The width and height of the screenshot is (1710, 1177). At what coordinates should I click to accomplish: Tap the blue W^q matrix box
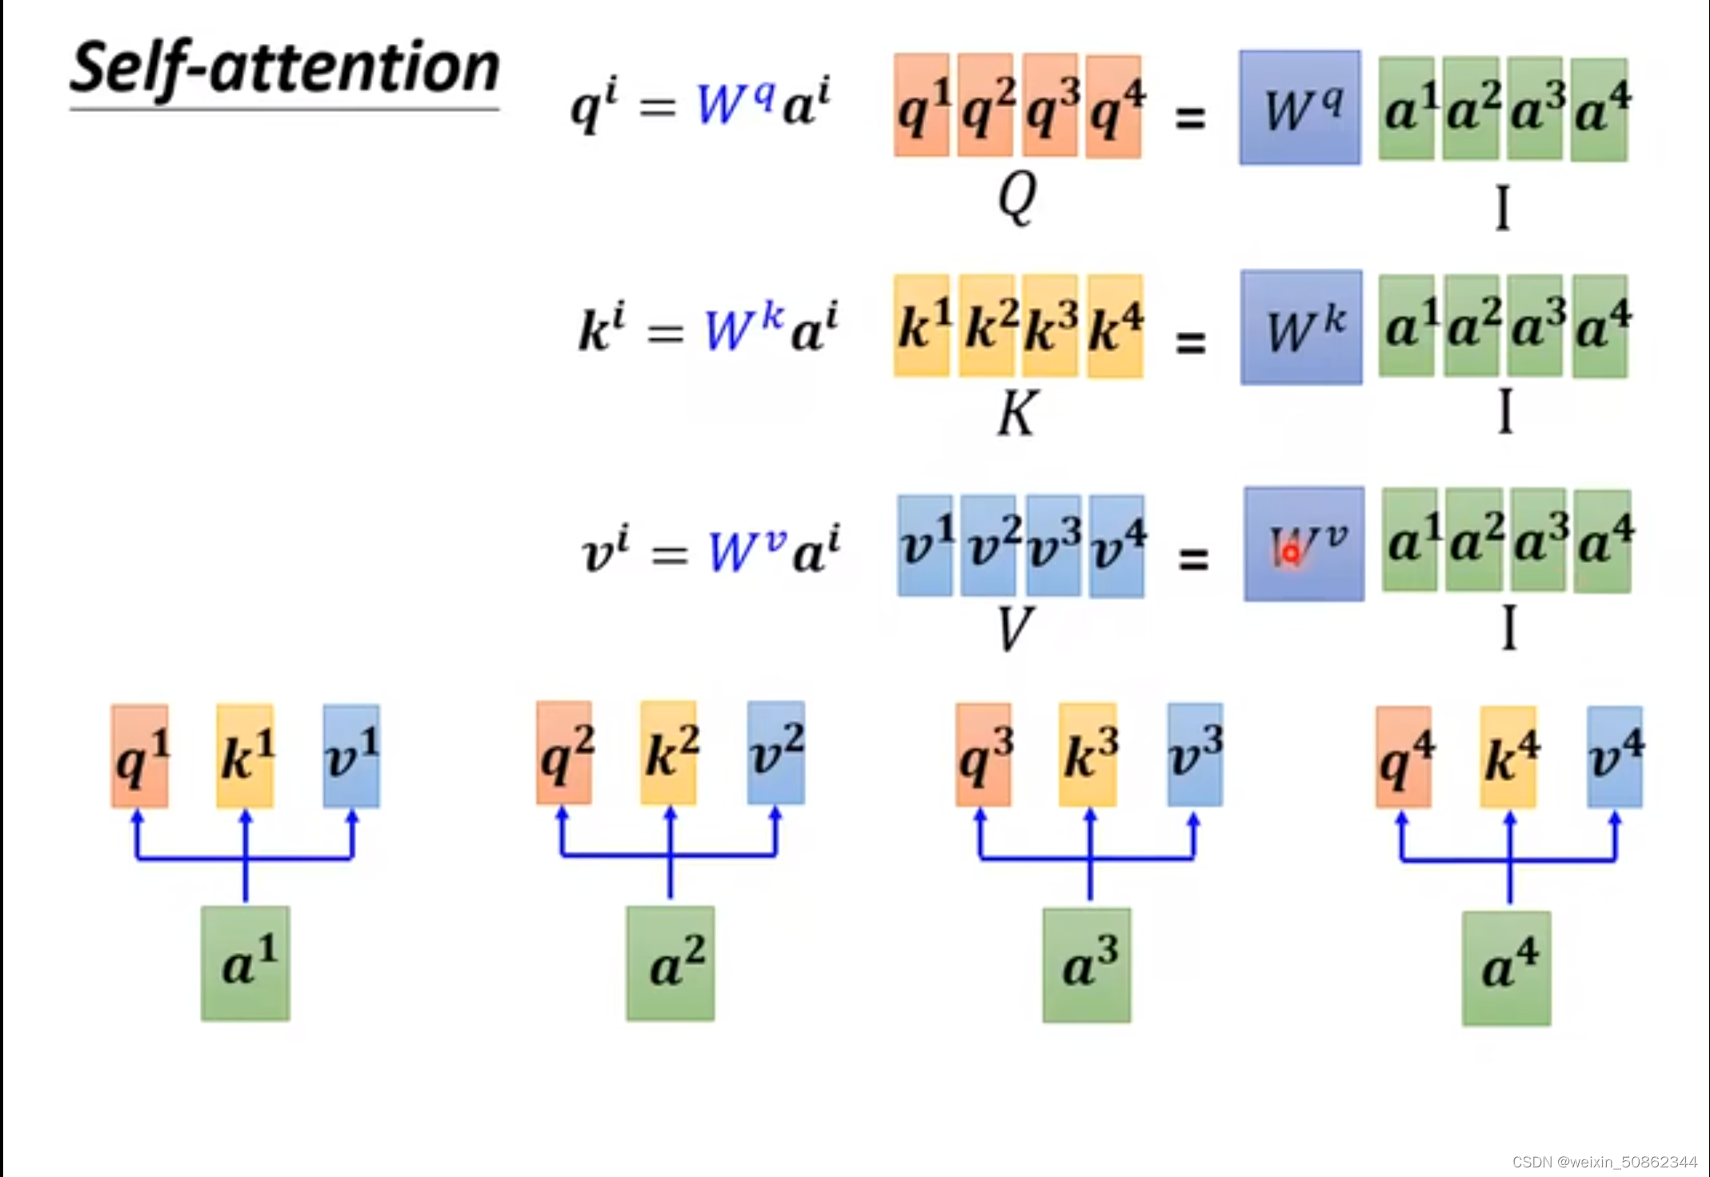(x=1300, y=108)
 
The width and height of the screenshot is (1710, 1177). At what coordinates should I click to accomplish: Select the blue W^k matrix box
(x=1301, y=328)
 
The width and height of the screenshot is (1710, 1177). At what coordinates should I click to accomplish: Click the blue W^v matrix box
(x=1304, y=544)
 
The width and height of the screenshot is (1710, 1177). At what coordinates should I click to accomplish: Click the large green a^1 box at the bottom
(x=246, y=964)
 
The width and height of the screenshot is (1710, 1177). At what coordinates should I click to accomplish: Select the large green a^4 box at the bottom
(x=1506, y=968)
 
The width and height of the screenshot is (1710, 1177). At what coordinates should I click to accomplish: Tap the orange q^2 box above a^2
(x=565, y=753)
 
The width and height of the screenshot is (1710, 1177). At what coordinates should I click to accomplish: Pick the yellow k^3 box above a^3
(x=1088, y=754)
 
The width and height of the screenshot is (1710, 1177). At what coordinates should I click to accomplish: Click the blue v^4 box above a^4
(x=1615, y=756)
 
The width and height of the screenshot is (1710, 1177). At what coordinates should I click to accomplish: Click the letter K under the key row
(x=1017, y=413)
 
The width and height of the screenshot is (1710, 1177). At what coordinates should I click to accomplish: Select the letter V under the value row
(x=1015, y=629)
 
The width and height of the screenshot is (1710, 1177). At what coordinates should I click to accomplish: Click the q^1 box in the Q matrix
(x=922, y=106)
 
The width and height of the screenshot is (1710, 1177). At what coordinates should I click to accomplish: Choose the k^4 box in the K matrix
(x=1116, y=326)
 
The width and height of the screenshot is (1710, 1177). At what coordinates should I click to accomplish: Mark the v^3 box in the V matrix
(x=1053, y=545)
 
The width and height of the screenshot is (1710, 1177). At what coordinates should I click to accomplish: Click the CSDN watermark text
(x=1604, y=1162)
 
